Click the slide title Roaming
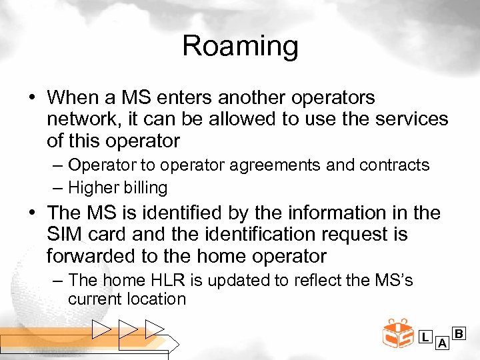pyautogui.click(x=240, y=47)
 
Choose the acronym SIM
pyautogui.click(x=65, y=235)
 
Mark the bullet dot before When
pyautogui.click(x=33, y=98)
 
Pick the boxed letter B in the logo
pyautogui.click(x=459, y=332)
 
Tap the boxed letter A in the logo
pyautogui.click(x=441, y=343)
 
